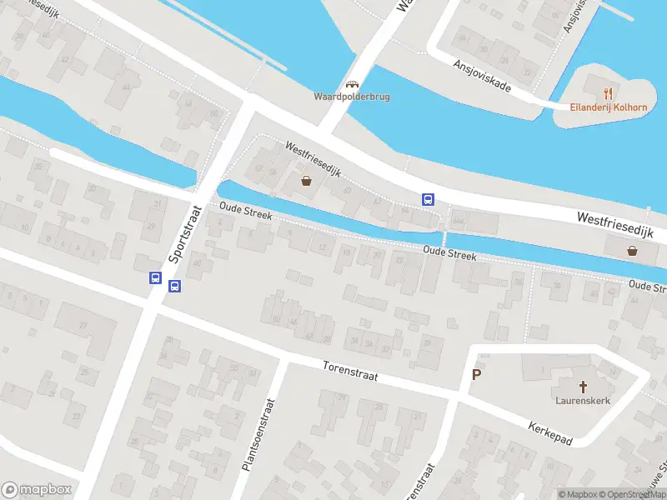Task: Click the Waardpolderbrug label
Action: click(x=351, y=97)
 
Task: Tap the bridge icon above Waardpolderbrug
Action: click(x=352, y=83)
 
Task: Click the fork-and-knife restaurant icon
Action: click(x=609, y=92)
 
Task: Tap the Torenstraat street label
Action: click(x=350, y=371)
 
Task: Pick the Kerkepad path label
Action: click(x=550, y=433)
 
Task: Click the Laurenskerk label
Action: click(x=584, y=401)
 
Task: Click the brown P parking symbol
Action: click(x=477, y=374)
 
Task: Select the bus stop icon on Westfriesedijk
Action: click(x=428, y=198)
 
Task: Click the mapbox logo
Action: click(x=36, y=490)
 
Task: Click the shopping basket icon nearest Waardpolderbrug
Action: click(x=306, y=181)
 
